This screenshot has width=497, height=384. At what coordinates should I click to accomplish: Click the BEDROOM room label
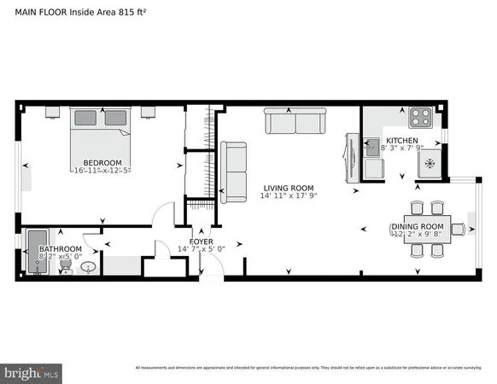click(102, 162)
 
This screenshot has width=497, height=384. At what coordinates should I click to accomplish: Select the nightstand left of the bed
click(50, 111)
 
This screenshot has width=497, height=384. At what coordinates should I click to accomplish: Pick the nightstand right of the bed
click(148, 111)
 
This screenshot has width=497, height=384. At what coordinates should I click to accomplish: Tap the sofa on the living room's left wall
click(232, 172)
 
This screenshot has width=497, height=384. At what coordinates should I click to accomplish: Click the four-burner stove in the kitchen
click(419, 115)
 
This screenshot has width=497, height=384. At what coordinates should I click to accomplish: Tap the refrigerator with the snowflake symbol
click(430, 163)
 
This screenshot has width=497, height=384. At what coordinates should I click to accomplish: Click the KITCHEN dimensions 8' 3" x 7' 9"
click(401, 148)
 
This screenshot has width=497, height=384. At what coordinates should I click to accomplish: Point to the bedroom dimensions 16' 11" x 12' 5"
click(102, 171)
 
